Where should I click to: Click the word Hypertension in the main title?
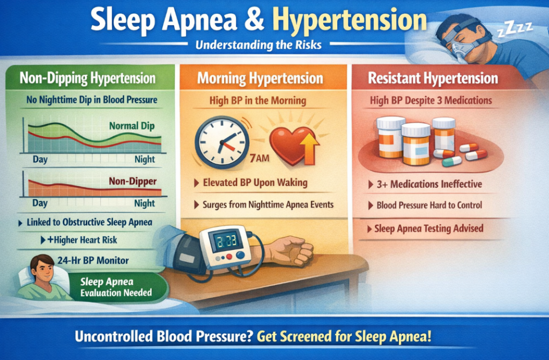[350, 20]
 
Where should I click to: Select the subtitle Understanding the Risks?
[258, 45]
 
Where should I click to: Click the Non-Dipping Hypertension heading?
[87, 78]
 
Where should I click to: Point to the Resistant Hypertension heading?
[433, 78]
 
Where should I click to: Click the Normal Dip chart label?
[132, 126]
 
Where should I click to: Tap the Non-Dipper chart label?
[132, 181]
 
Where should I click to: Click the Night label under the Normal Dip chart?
[145, 159]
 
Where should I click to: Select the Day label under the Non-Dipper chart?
[40, 203]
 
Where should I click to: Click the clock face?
[222, 143]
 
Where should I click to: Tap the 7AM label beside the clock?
[259, 158]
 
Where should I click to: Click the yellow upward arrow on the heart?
[309, 147]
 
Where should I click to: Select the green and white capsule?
[451, 161]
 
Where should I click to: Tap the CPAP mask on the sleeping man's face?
[462, 48]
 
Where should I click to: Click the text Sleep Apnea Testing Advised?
[428, 229]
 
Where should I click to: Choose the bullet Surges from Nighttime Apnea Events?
[268, 205]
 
